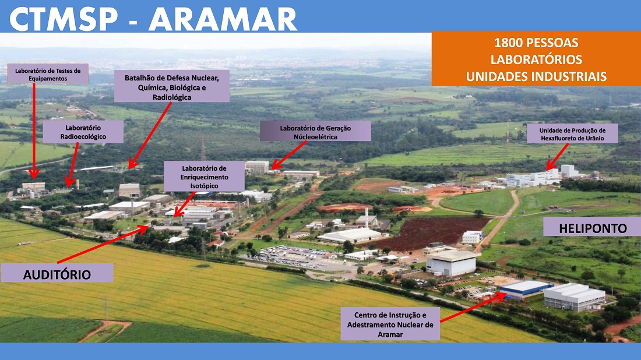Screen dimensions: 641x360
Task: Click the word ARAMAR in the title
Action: coord(223,19)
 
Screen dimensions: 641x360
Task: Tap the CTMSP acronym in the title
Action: coord(64,19)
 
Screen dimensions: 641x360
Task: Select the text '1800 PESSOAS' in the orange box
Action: coord(536,43)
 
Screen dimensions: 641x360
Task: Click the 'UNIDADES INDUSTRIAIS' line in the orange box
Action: coord(536,76)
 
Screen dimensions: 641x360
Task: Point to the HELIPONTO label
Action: coord(593,228)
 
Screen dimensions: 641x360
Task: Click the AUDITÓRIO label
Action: coord(57,274)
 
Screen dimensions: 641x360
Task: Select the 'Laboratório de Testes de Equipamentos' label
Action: coord(48,74)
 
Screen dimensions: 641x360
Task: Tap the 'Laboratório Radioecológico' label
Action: coord(83,132)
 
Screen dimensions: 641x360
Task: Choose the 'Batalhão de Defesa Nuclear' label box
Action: coord(172,87)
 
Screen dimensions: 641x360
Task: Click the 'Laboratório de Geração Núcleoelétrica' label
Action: coord(315,132)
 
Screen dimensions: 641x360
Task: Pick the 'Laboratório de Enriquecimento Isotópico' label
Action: coord(204,177)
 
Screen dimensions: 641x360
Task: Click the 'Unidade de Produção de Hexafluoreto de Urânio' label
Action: coord(572,134)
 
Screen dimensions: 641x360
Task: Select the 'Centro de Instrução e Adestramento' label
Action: coord(390,324)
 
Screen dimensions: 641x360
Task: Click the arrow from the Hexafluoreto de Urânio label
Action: coord(557,157)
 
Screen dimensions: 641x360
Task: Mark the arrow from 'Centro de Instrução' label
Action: coord(473,308)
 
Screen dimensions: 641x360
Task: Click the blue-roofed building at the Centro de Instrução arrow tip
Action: coord(527,288)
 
